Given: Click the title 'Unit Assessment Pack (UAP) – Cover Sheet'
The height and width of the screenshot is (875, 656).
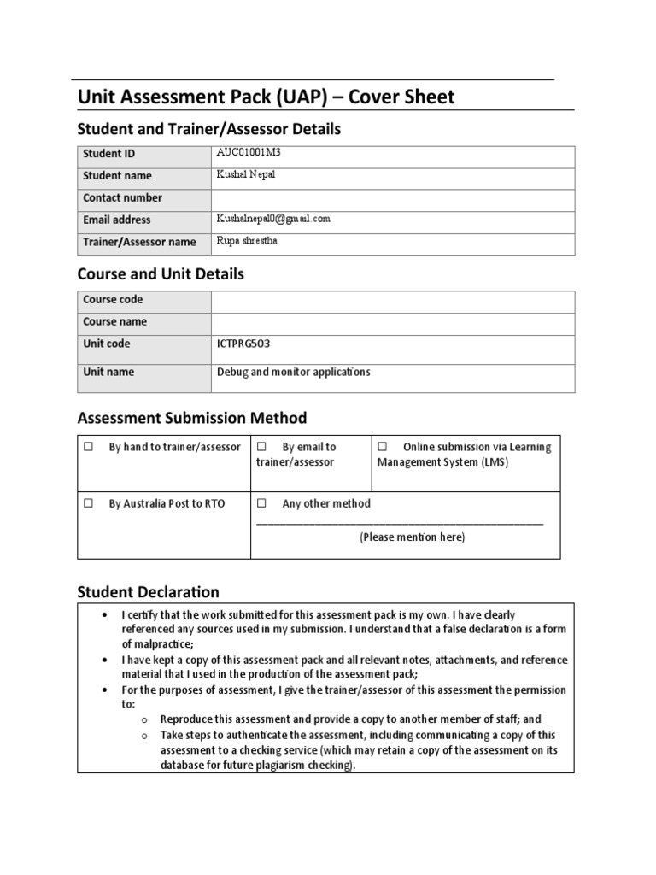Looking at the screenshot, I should coord(266,97).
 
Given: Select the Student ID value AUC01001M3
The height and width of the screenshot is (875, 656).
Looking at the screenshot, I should coord(249,153).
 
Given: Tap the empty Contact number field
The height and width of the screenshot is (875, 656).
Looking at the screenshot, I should coord(392,197).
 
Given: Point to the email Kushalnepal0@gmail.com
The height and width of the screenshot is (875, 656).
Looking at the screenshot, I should coord(273,220).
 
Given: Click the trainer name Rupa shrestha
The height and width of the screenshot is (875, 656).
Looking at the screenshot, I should coord(247,241).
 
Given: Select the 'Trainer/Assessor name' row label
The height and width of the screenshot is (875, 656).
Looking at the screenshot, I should coord(139,242).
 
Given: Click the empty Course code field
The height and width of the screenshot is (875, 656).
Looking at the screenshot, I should coord(392,300).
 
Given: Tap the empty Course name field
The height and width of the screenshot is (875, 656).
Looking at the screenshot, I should coord(392,322).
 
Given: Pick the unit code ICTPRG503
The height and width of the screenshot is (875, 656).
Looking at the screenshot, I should coord(245,344).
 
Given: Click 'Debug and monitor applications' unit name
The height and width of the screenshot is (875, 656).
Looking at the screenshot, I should coord(294,373).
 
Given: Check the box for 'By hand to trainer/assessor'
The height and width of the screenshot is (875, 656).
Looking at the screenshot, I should coord(88,447).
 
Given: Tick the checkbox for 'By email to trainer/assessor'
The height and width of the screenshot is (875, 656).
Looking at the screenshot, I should coord(262,447).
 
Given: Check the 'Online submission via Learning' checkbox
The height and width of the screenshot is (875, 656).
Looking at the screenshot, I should coord(382,447).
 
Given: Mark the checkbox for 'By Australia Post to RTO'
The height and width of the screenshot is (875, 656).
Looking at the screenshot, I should coord(88,503).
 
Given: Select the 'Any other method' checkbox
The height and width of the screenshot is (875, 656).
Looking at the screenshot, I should coord(262,503).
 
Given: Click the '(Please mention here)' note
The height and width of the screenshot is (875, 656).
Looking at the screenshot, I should coord(412,537).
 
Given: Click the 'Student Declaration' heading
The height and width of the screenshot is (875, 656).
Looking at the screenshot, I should coord(148,591).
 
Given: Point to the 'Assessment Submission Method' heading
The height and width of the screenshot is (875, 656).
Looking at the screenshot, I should coord(191,418).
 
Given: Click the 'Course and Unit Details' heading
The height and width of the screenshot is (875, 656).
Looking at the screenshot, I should coord(161,274).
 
